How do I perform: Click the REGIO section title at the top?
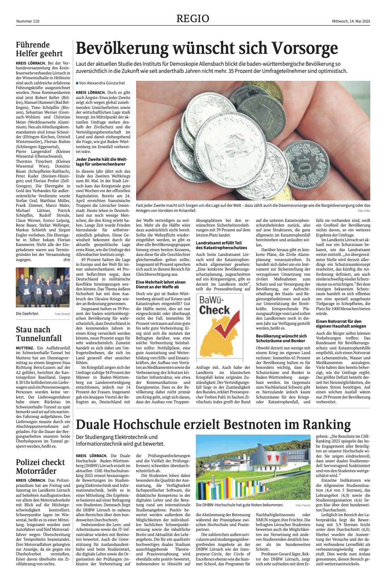193,19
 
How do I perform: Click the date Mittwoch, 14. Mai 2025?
351,21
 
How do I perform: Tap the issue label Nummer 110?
28,21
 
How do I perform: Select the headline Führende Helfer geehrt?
39,49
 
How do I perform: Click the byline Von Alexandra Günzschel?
102,83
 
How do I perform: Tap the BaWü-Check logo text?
214,305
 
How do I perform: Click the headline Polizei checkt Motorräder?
40,467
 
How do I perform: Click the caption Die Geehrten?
27,313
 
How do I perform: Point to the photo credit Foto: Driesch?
63,314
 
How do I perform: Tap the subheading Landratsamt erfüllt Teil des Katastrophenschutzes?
221,245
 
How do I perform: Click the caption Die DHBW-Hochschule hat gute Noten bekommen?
239,505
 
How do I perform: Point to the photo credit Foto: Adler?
364,211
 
